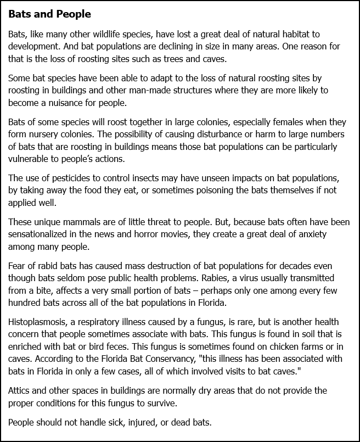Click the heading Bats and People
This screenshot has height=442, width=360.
point(49,13)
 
